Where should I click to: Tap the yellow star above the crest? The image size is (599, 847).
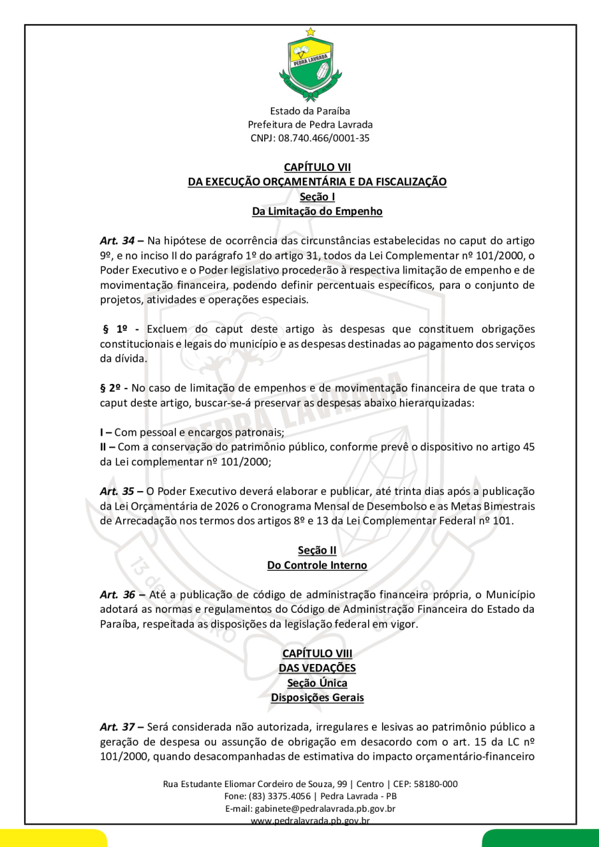(x=310, y=31)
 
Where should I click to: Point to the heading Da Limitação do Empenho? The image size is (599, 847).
(x=317, y=212)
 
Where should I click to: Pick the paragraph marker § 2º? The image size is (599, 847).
(x=113, y=388)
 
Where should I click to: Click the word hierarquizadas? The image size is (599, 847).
(x=438, y=403)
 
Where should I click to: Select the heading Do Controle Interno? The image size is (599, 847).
(x=317, y=565)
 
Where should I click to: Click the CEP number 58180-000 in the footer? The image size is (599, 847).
(x=432, y=784)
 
